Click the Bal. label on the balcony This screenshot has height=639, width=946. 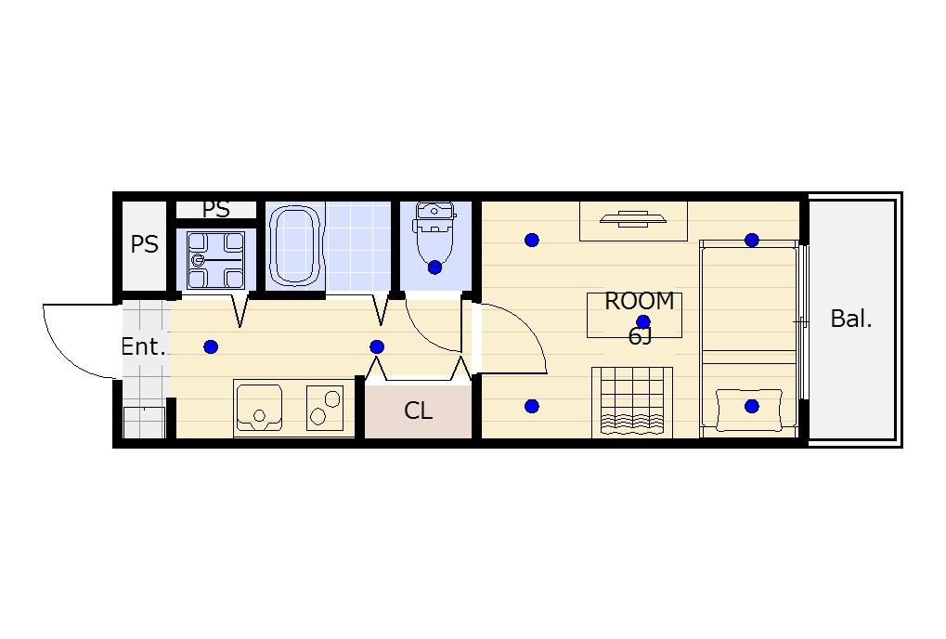coord(850,319)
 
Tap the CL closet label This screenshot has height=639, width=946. coord(418,411)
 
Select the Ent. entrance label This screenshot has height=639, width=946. coord(143,347)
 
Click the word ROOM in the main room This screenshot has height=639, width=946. coord(639,301)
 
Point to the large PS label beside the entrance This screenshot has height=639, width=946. coord(144,244)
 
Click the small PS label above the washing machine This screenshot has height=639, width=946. coord(215,209)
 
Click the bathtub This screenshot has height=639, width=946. coord(293,245)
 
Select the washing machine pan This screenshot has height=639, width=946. coord(215,260)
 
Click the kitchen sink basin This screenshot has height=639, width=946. coord(259,408)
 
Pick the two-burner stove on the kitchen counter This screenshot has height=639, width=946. coord(325,408)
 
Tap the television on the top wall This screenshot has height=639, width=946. coord(633,219)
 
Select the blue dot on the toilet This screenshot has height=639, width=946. coord(434,267)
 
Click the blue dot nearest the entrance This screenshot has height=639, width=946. coord(211,347)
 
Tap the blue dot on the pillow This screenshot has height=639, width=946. coord(752,406)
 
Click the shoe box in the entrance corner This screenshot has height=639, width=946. coord(144,423)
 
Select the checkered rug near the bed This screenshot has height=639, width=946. coord(632,402)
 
